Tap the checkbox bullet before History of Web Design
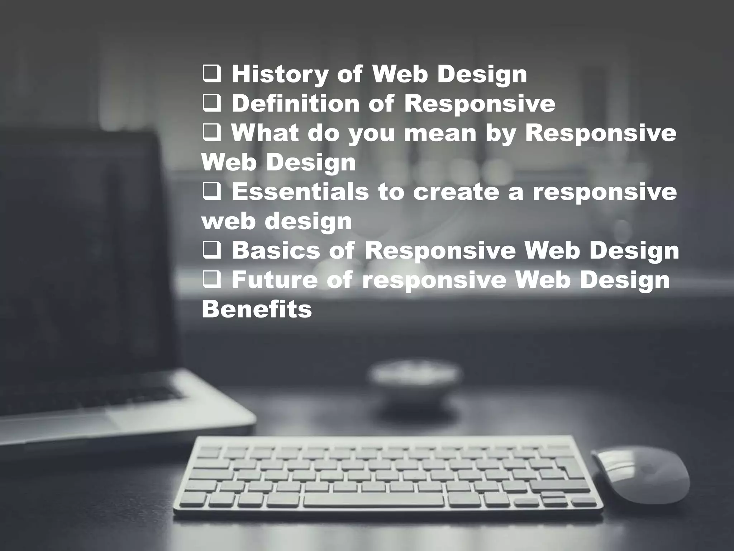(x=212, y=75)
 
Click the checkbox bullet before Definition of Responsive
(x=212, y=104)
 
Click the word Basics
(x=276, y=250)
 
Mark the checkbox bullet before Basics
(x=212, y=250)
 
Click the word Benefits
(x=257, y=309)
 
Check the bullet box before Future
(x=212, y=280)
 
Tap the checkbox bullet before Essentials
(x=212, y=192)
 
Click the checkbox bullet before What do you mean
(x=212, y=133)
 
